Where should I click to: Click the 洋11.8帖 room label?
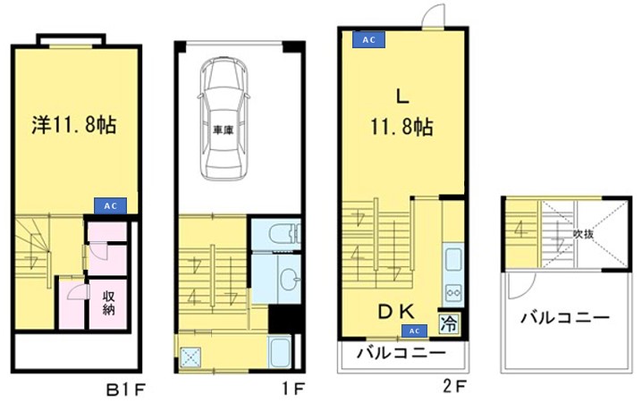point(75,125)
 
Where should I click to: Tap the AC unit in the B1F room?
point(110,205)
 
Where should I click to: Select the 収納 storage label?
point(108,304)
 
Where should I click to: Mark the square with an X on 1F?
point(190,356)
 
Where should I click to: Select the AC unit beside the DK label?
point(413,331)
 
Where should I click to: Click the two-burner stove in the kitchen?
point(452,291)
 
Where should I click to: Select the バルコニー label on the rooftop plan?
point(564,317)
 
